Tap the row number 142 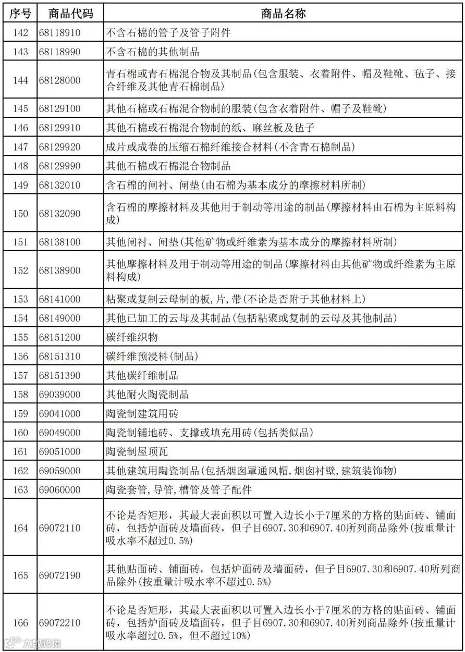[20, 33]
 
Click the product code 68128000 [59, 80]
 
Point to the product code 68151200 [59, 337]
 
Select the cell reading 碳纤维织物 [132, 337]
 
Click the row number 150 [20, 214]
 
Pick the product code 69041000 [59, 414]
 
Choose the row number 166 [20, 623]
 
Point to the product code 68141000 [59, 299]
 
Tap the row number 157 [20, 375]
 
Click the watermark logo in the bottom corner [31, 643]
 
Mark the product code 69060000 [59, 490]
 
